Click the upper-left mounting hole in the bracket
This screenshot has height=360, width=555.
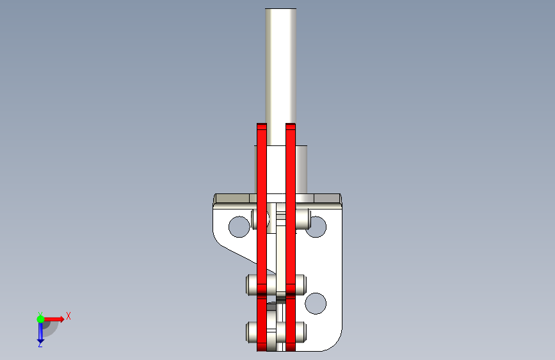coord(239,227)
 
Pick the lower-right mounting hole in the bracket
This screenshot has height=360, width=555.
coord(316,303)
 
